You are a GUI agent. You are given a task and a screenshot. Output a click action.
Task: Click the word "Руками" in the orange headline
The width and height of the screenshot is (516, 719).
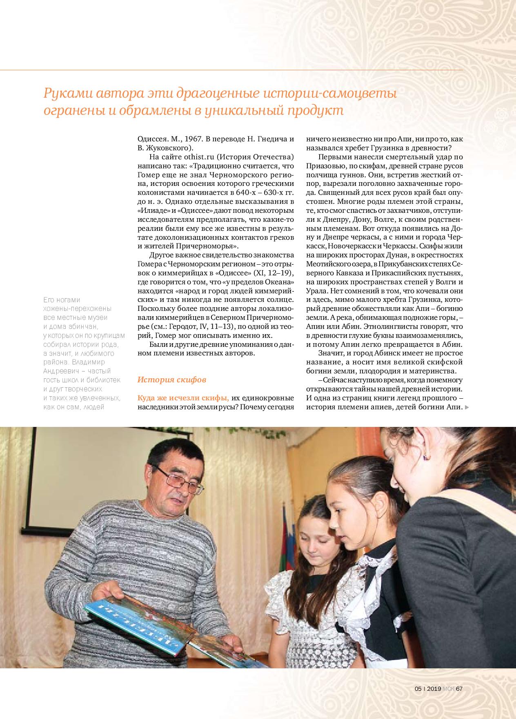click(66, 94)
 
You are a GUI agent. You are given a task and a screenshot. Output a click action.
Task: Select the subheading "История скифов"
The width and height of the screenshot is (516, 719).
click(171, 380)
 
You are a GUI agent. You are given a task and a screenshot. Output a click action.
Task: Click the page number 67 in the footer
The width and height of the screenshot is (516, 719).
click(459, 689)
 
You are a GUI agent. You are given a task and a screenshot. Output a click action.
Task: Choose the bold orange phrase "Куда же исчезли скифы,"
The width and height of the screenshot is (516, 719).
click(183, 397)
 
